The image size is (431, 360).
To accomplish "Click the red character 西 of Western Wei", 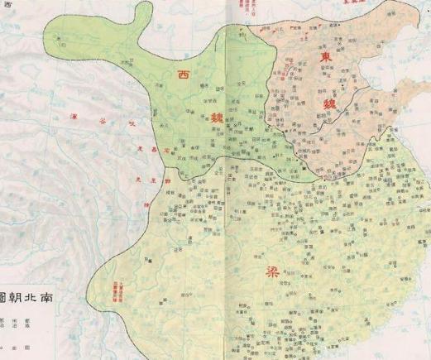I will [x=183, y=75].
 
